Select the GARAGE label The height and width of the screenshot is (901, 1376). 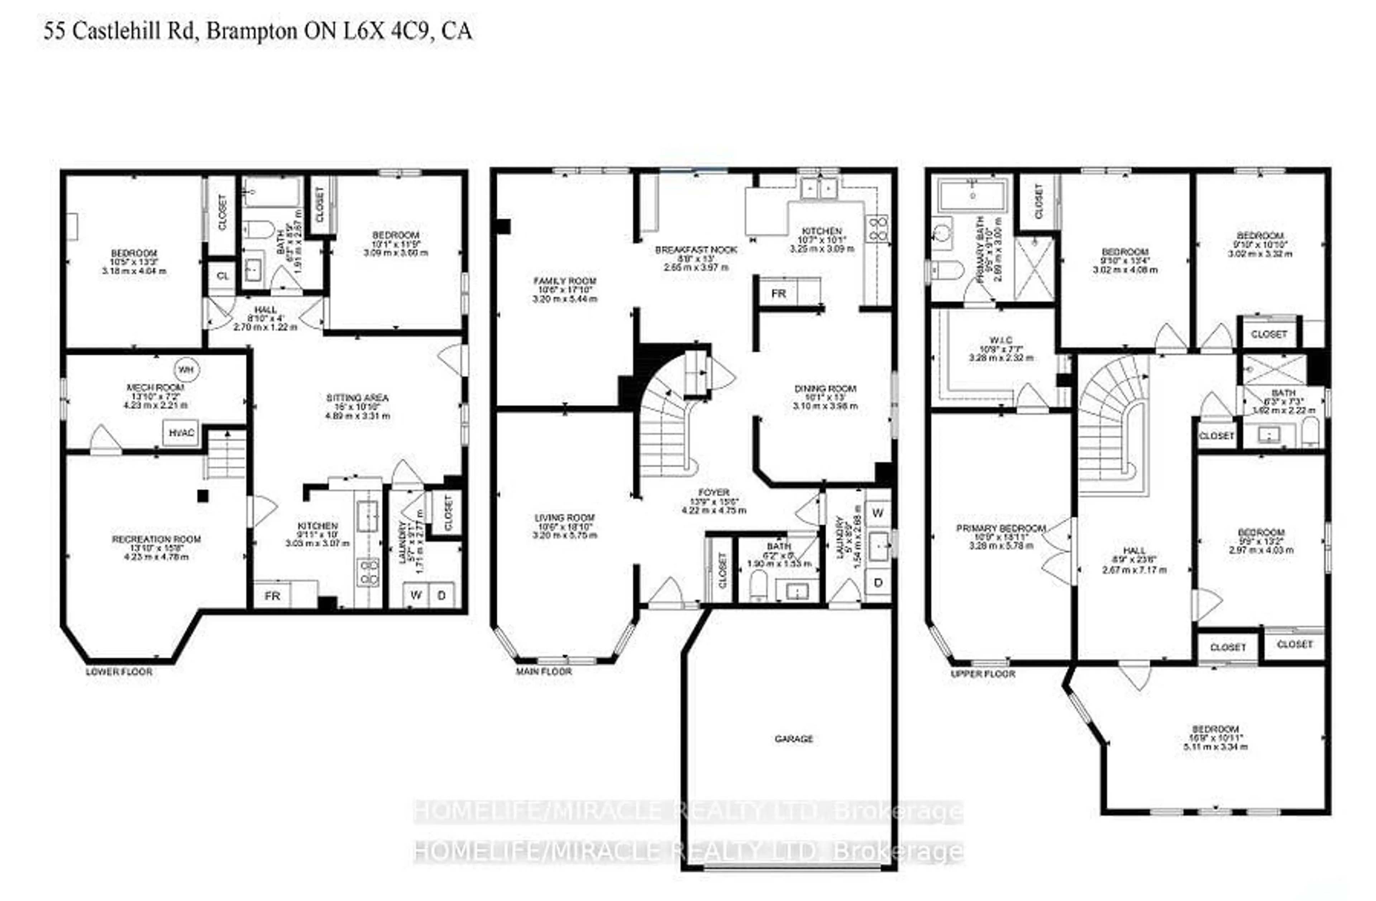(793, 739)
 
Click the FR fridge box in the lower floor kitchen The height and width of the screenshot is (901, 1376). (272, 596)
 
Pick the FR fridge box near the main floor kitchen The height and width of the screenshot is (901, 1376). (778, 294)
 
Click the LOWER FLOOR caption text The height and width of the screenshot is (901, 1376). (119, 672)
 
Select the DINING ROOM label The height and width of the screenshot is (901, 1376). (825, 389)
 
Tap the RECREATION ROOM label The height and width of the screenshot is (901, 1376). (156, 539)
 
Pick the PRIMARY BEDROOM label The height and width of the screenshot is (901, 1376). (1001, 528)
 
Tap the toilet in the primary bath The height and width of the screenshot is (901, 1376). (946, 270)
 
